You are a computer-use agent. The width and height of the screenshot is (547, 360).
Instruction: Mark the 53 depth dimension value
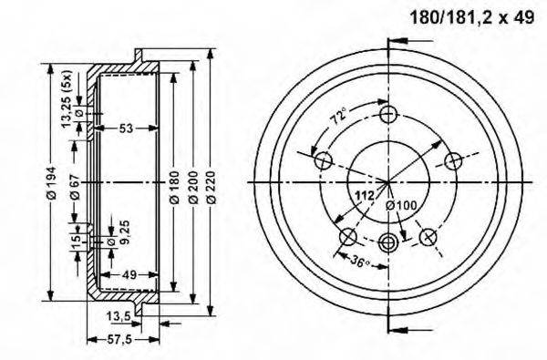click(126, 129)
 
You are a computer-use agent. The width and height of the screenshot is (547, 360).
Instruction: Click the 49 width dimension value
click(129, 273)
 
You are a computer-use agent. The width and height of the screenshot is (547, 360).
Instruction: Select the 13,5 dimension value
click(118, 316)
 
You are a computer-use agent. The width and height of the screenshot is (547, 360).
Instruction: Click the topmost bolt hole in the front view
click(389, 114)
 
